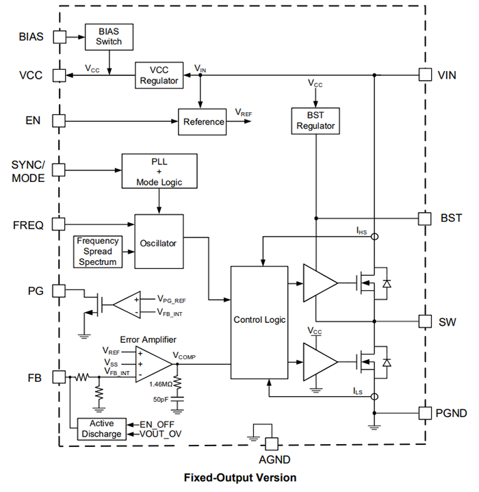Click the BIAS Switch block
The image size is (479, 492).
pyautogui.click(x=109, y=37)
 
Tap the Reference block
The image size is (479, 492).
pyautogui.click(x=203, y=121)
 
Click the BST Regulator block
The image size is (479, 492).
pyautogui.click(x=315, y=120)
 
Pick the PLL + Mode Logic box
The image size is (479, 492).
pyautogui.click(x=159, y=171)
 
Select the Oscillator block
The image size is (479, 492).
pyautogui.click(x=159, y=242)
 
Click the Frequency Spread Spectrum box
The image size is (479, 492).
pyautogui.click(x=97, y=251)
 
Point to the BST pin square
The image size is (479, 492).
pyautogui.click(x=425, y=218)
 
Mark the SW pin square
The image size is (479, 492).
pyautogui.click(x=425, y=321)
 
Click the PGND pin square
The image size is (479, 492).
pyautogui.click(x=425, y=413)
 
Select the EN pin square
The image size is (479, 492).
pyautogui.click(x=59, y=120)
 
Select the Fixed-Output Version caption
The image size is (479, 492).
pyautogui.click(x=239, y=477)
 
